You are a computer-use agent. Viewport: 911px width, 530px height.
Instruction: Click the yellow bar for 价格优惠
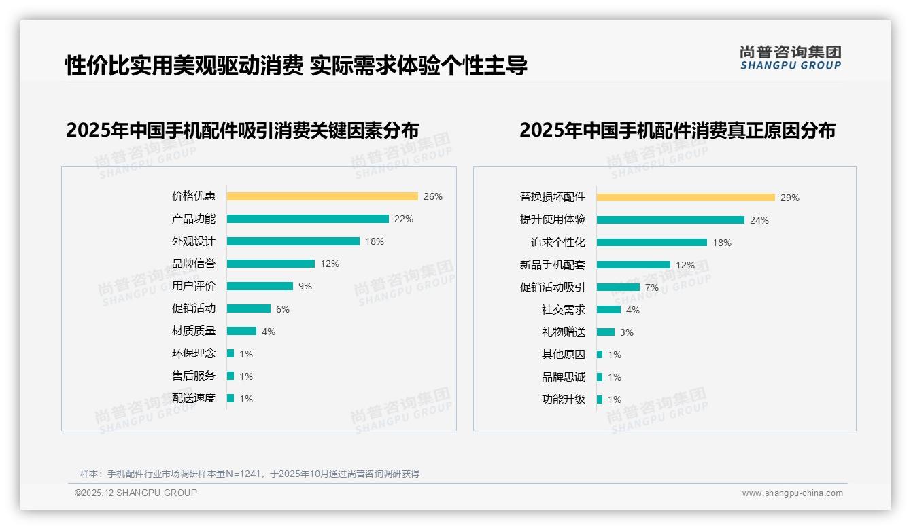point(322,196)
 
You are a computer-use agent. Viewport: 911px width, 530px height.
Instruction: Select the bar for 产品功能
point(307,219)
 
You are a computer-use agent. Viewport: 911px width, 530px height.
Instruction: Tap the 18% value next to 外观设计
point(375,241)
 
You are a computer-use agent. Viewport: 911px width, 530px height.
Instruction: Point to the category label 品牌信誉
point(194,264)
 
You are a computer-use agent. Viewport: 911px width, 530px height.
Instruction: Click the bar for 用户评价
point(260,286)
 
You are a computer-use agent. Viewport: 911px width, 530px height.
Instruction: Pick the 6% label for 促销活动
point(283,309)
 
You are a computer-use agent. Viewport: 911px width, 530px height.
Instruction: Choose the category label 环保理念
point(194,353)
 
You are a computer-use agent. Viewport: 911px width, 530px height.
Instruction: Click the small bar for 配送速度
point(230,398)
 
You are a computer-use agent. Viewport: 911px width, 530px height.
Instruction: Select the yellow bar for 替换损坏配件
point(686,198)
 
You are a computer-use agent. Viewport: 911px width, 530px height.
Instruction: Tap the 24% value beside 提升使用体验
point(759,220)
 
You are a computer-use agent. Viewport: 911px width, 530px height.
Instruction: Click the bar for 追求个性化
point(652,243)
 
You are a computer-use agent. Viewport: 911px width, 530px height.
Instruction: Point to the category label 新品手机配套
point(553,265)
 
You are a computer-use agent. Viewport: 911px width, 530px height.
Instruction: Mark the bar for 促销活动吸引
point(618,287)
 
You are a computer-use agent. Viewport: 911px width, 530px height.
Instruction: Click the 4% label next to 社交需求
point(633,310)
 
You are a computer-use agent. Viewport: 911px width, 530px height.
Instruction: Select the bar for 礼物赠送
point(606,332)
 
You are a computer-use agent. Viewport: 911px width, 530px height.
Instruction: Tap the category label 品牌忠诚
point(564,377)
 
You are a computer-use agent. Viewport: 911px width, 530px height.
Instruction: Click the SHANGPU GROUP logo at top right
point(791,58)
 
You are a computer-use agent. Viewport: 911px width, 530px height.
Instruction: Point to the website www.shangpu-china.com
point(792,493)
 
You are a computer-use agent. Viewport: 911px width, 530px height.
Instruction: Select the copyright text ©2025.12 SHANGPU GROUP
point(136,493)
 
